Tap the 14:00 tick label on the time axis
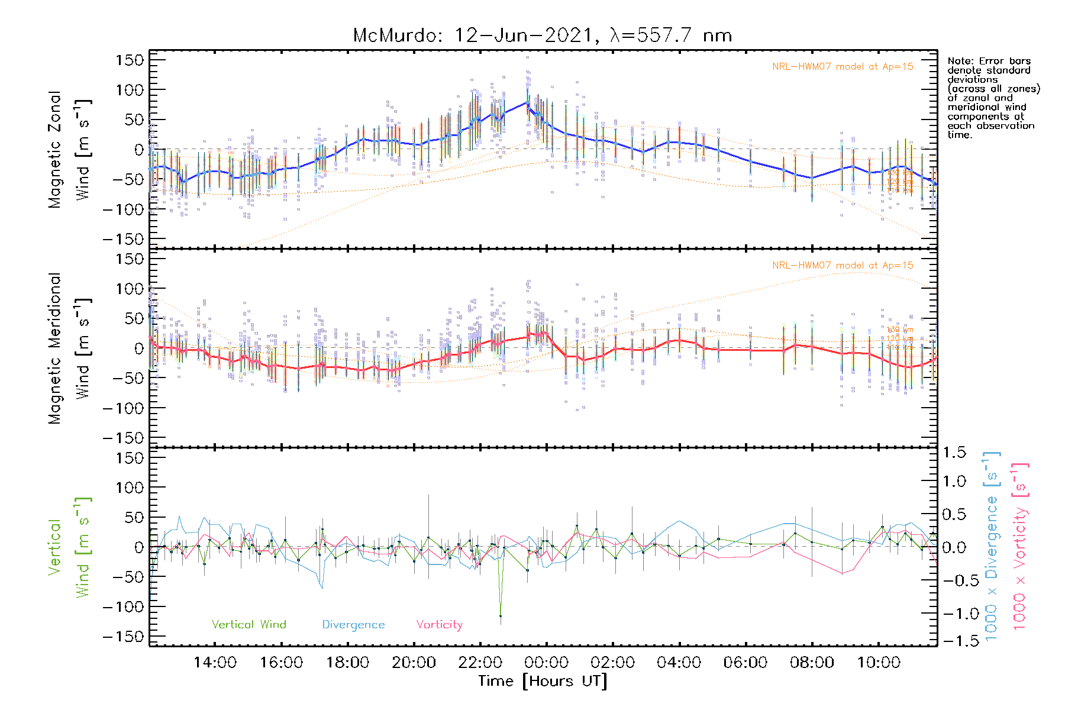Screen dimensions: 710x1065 215,662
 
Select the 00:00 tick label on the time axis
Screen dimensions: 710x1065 546,662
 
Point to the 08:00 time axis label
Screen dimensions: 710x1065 812,662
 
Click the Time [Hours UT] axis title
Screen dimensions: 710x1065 543,681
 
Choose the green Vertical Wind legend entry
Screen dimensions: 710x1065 248,625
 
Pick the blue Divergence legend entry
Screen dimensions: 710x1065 353,625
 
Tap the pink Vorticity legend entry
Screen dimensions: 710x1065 439,625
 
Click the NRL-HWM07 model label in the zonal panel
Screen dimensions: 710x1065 843,67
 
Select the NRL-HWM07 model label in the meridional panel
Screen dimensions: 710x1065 843,266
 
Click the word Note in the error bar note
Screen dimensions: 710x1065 960,61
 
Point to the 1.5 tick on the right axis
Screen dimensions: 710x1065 954,453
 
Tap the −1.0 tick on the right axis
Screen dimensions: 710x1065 954,614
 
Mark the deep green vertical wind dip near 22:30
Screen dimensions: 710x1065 501,615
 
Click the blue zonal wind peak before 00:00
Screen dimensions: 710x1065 527,103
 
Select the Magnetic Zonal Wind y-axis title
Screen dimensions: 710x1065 70,150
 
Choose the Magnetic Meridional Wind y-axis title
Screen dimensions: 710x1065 70,348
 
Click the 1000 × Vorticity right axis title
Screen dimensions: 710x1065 1020,546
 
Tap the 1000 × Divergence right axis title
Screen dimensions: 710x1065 992,546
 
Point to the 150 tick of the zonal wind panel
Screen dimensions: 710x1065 130,60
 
